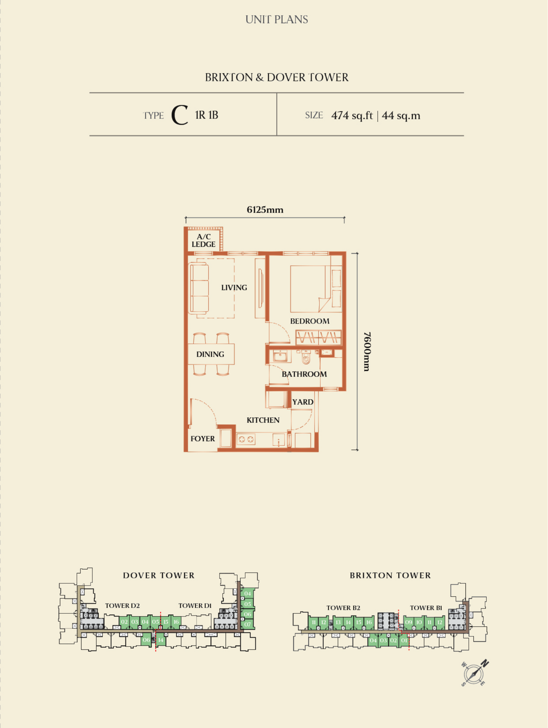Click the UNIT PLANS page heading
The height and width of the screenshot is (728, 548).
point(277,20)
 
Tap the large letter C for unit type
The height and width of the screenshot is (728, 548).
point(180,115)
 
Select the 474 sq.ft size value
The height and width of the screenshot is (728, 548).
point(352,116)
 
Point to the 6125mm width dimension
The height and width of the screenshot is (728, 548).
point(265,210)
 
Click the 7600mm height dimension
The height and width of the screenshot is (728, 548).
point(367,351)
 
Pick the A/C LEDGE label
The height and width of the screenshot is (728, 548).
point(203,241)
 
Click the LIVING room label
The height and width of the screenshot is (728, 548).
point(234,287)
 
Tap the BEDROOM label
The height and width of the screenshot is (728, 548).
point(310,321)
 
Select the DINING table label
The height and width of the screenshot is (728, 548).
point(210,354)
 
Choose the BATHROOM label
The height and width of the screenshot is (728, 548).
point(304,374)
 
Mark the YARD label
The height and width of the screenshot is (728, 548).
point(303,402)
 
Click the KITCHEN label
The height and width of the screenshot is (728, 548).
point(263,420)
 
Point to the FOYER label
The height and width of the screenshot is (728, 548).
point(202,439)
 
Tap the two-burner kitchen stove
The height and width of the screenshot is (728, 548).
point(246,439)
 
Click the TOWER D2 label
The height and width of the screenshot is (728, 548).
point(123,606)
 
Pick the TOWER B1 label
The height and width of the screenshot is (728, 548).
point(426,608)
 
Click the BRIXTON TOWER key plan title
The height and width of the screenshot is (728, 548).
point(390,576)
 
